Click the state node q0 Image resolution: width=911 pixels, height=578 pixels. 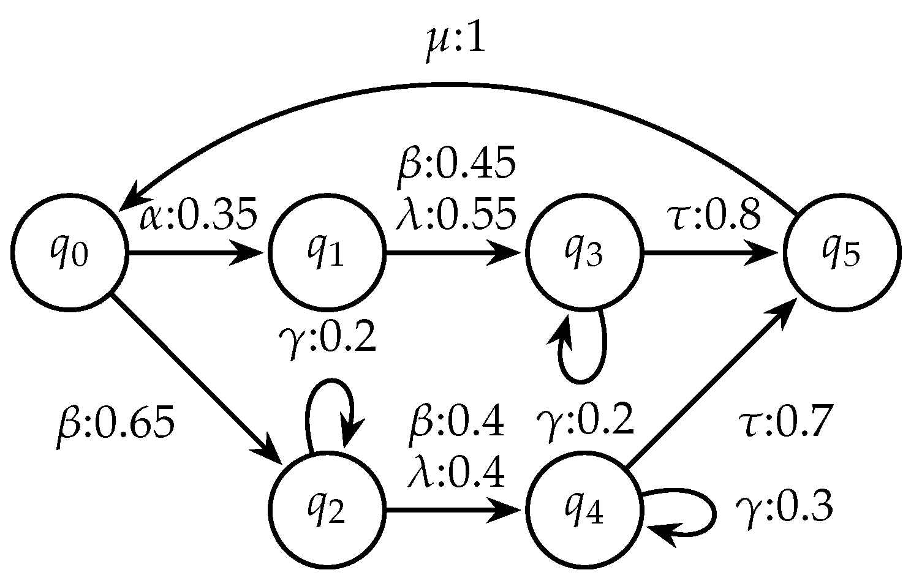[x=69, y=253]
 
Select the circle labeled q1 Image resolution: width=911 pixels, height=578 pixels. [x=326, y=253]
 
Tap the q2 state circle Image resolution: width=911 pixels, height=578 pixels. [x=326, y=511]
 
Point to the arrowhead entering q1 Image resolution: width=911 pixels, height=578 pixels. [x=250, y=253]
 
